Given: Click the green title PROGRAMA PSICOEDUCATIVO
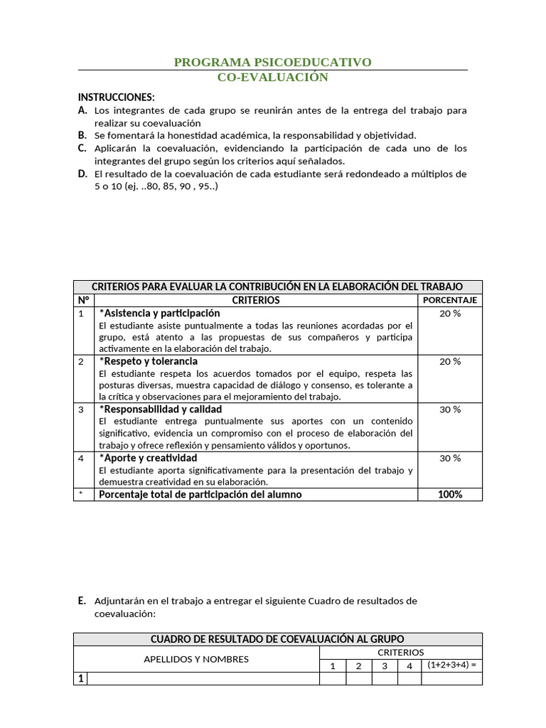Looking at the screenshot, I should (272, 63).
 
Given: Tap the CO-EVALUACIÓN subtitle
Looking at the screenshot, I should (272, 77).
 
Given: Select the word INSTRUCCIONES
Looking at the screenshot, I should (116, 97).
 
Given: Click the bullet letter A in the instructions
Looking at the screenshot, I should (82, 110).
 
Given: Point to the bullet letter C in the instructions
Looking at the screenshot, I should (82, 148).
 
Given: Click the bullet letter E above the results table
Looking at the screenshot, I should (82, 601).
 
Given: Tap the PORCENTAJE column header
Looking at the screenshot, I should (449, 300).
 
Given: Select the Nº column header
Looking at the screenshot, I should (83, 300).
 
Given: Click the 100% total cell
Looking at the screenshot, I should (449, 494).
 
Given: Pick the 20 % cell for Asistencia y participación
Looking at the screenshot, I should (449, 314).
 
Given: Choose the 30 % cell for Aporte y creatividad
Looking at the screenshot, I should (449, 459).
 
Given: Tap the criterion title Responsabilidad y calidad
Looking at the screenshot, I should (161, 409).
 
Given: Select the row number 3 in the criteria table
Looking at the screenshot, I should (82, 409).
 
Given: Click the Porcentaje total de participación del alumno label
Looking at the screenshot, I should (200, 494).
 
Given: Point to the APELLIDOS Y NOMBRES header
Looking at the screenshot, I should (196, 659).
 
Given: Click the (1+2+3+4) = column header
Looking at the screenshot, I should (451, 665).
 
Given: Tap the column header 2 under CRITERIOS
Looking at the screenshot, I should (358, 666).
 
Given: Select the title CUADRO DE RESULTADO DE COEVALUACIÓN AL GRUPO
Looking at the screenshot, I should (277, 639).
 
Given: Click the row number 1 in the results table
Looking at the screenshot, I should (81, 679).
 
